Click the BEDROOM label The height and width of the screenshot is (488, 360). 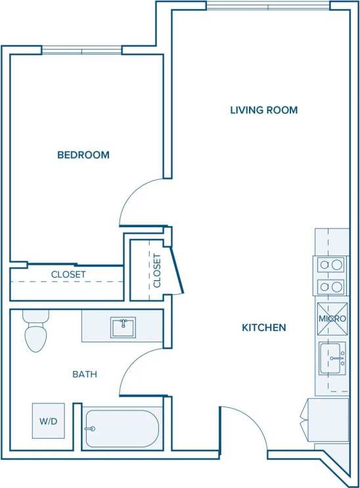click(x=83, y=155)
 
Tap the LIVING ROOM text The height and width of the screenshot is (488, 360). click(x=263, y=110)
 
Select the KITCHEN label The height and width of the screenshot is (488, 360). click(x=263, y=327)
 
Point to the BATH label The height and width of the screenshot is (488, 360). click(x=85, y=374)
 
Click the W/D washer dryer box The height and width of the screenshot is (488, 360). click(x=49, y=420)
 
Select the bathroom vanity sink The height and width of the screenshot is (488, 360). click(x=123, y=326)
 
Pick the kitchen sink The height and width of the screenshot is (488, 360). click(x=332, y=359)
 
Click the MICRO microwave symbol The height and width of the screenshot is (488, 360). click(x=332, y=319)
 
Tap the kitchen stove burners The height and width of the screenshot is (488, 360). click(x=330, y=276)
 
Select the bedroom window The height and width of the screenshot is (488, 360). click(x=82, y=50)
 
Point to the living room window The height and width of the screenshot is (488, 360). click(x=267, y=7)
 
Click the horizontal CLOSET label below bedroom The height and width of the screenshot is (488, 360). click(x=68, y=274)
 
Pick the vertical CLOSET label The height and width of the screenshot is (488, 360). click(x=157, y=271)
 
